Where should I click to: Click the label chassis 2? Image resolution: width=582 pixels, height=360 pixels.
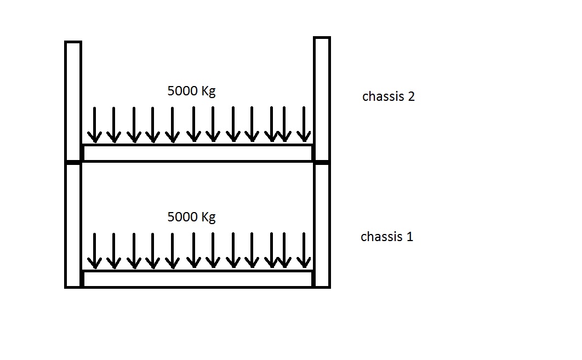pyautogui.click(x=388, y=97)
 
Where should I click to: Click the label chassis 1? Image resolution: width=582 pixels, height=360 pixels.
pyautogui.click(x=386, y=237)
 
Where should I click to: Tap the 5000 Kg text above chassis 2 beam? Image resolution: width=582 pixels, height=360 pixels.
pyautogui.click(x=191, y=91)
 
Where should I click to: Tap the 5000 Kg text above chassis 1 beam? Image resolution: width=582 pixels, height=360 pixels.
pyautogui.click(x=191, y=217)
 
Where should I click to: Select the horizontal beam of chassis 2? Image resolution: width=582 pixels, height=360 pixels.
pyautogui.click(x=197, y=153)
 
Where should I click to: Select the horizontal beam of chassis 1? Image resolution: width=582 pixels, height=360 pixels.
pyautogui.click(x=197, y=279)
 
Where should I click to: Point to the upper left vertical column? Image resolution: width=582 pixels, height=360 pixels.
pyautogui.click(x=73, y=101)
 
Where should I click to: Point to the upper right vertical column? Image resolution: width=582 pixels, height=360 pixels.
pyautogui.click(x=322, y=99)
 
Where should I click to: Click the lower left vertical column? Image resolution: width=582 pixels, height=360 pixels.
pyautogui.click(x=73, y=225)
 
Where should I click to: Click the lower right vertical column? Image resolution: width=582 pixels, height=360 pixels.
pyautogui.click(x=322, y=225)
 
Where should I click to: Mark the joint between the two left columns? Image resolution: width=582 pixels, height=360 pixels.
pyautogui.click(x=73, y=162)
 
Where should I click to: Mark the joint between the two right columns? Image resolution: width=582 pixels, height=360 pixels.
pyautogui.click(x=322, y=162)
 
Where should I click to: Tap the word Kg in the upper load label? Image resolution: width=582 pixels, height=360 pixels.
pyautogui.click(x=208, y=92)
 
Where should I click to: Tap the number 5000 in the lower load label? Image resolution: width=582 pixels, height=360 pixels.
pyautogui.click(x=182, y=217)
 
